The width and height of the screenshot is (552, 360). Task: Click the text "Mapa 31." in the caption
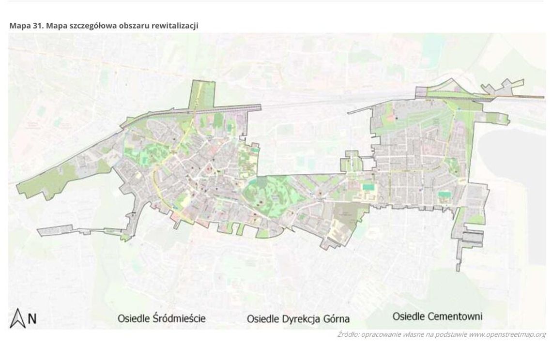pyautogui.click(x=25, y=25)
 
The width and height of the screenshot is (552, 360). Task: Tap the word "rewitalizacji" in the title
pyautogui.click(x=174, y=25)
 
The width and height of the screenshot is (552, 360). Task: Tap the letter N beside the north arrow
pyautogui.click(x=32, y=318)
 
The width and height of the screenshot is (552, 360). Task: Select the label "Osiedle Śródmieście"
pyautogui.click(x=162, y=318)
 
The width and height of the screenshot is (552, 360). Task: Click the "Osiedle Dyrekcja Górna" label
pyautogui.click(x=298, y=319)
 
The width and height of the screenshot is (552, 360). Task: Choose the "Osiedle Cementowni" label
pyautogui.click(x=437, y=317)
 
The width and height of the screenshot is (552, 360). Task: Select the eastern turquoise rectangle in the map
pyautogui.click(x=444, y=194)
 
